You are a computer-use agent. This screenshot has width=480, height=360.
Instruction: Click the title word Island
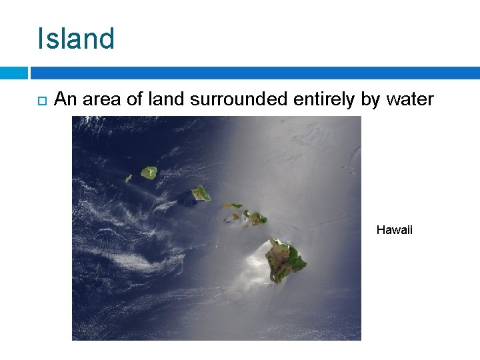[76, 39]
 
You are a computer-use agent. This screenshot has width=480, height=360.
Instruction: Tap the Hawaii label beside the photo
[395, 230]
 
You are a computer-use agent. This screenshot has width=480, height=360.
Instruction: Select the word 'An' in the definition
[65, 100]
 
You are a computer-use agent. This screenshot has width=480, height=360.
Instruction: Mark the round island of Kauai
[149, 173]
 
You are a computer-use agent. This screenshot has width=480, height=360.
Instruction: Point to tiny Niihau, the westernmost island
[129, 179]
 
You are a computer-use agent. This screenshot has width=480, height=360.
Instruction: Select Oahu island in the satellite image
[201, 193]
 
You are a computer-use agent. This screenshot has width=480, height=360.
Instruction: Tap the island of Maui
[257, 217]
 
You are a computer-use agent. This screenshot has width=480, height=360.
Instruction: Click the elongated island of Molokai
[233, 205]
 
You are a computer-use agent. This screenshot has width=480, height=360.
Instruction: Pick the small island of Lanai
[235, 216]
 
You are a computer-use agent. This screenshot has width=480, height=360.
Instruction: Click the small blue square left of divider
[13, 73]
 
